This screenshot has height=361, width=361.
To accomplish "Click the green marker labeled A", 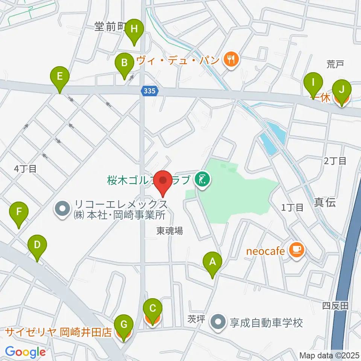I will tap(212, 262).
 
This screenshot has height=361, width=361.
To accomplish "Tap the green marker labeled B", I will tap(124, 63).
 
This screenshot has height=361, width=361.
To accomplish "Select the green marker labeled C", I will tap(153, 309).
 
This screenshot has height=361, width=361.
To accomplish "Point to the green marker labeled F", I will tap(19, 212).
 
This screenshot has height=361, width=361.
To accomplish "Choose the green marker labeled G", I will tap(124, 324).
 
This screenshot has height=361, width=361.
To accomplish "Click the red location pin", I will tap(163, 181).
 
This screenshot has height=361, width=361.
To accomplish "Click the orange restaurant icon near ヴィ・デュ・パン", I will tap(230, 59).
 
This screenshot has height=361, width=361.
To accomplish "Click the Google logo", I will tap(25, 352).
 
